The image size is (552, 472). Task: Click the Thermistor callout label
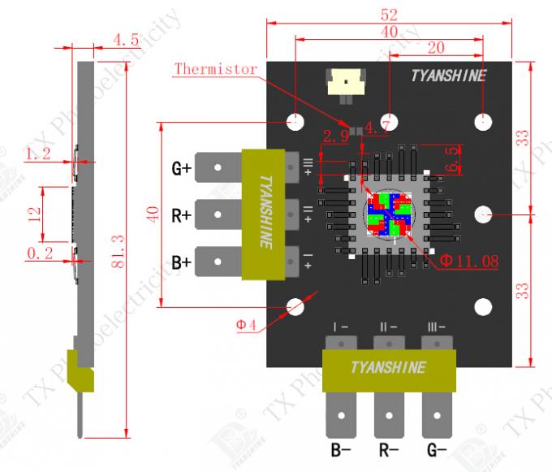tap(216, 70)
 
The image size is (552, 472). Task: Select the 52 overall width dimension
tap(389, 14)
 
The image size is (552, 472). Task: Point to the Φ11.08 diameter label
tap(468, 261)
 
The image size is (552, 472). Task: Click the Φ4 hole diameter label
tap(247, 325)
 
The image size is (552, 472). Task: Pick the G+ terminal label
tap(181, 169)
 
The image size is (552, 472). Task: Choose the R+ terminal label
tap(181, 216)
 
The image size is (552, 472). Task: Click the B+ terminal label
tap(181, 262)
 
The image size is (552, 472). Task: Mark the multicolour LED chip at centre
tap(387, 215)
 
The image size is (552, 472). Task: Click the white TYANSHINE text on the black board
tap(448, 76)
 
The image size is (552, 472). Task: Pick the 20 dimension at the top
tap(435, 48)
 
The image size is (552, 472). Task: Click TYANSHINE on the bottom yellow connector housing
tap(387, 367)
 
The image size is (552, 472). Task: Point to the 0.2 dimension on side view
tap(41, 253)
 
